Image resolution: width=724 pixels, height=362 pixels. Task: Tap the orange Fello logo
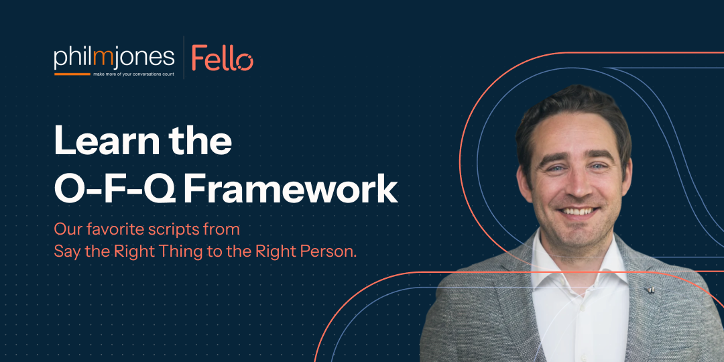click(223, 58)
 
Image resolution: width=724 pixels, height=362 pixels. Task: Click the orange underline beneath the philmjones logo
click(72, 74)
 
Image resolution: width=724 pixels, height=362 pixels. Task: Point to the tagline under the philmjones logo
click(133, 74)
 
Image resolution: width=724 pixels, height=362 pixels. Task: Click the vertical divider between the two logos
click(184, 58)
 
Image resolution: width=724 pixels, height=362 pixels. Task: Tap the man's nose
click(577, 186)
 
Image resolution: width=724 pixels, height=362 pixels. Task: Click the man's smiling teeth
click(578, 212)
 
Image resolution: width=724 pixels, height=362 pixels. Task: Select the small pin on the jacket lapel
click(650, 290)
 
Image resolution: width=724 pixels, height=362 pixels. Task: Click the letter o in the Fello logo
click(243, 62)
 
